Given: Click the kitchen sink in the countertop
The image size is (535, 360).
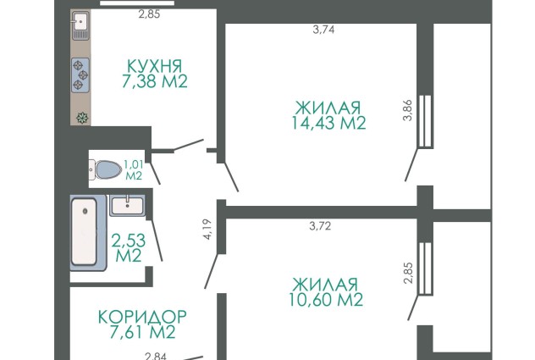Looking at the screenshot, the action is pos(80,25).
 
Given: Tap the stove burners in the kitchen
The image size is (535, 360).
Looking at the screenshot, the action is pos(80,75).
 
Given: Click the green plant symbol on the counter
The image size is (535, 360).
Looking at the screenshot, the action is pos(82,119).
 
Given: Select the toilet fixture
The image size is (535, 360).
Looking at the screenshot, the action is pos(106,169).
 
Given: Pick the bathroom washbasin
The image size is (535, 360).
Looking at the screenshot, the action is pos(127,206).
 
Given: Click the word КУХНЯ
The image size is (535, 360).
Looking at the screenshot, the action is pos(155,66).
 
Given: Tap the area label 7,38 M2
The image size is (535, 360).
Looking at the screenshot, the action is pos(155,81).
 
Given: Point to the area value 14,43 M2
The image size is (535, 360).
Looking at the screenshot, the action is pos(329,123).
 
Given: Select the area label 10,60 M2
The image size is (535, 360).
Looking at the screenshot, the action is pos(326,300).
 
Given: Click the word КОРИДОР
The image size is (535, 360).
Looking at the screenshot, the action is pos(142,317).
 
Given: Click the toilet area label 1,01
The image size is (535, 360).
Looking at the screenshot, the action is pos(134,164).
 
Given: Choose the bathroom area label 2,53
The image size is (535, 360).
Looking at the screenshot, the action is pos(129,241).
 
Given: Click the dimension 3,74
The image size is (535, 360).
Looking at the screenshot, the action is pos(324,30).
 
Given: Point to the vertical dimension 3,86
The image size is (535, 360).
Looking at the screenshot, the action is pos(408,110).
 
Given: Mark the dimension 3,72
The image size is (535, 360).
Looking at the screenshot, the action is pos(320,226).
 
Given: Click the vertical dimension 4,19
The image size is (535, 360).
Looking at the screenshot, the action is pos(207,230).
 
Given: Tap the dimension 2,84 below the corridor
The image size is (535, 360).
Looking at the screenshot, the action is pos(156,357).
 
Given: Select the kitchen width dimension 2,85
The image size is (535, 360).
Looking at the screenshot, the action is pos(149,14).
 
